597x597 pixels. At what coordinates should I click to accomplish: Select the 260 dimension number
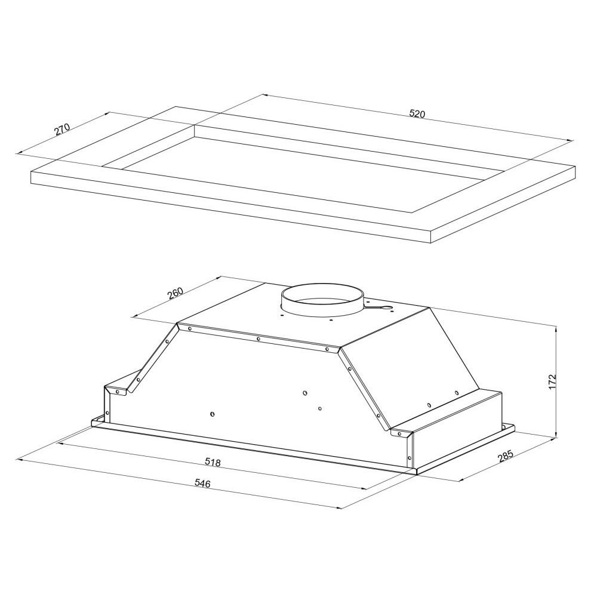pos(175,293)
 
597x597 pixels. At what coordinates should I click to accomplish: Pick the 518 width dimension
pos(213,462)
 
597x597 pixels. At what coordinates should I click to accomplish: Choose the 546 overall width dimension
pos(202,484)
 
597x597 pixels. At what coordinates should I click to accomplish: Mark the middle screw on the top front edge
pos(258,339)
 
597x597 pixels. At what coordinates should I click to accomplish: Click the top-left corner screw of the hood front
pos(190,328)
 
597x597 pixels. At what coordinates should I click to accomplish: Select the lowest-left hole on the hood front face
pos(213,414)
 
